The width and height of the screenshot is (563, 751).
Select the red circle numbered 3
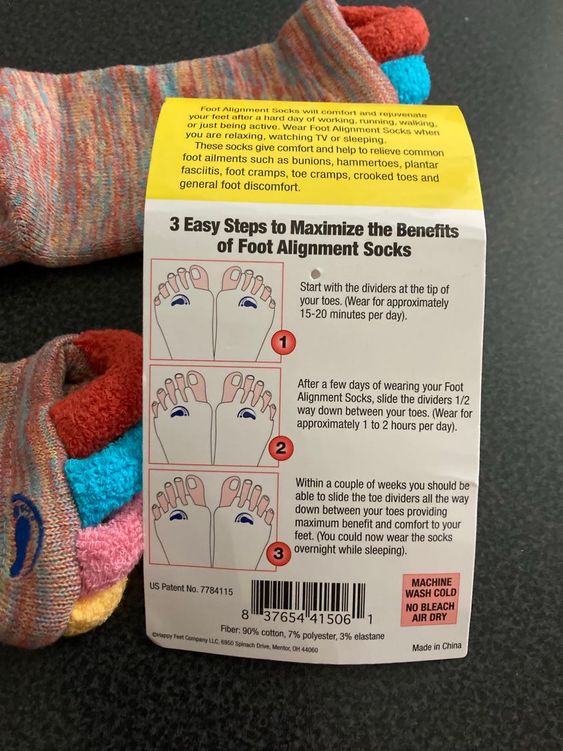tap(279, 553)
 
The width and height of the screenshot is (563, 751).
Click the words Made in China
tap(436, 646)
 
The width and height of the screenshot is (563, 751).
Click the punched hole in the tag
tap(316, 273)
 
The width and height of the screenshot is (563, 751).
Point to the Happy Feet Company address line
tap(236, 642)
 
